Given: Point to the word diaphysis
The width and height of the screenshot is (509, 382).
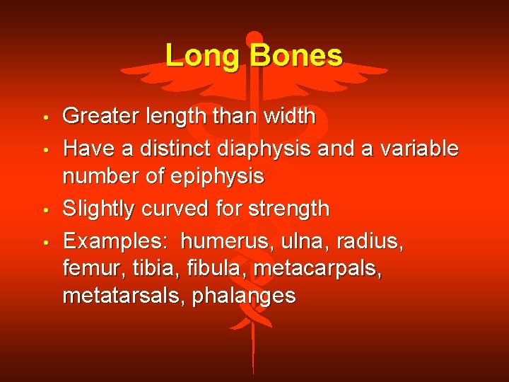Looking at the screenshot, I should [281, 149].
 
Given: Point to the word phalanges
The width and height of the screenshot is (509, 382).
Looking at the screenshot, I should [245, 296].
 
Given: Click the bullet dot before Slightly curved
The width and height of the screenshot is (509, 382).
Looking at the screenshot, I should [44, 211].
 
